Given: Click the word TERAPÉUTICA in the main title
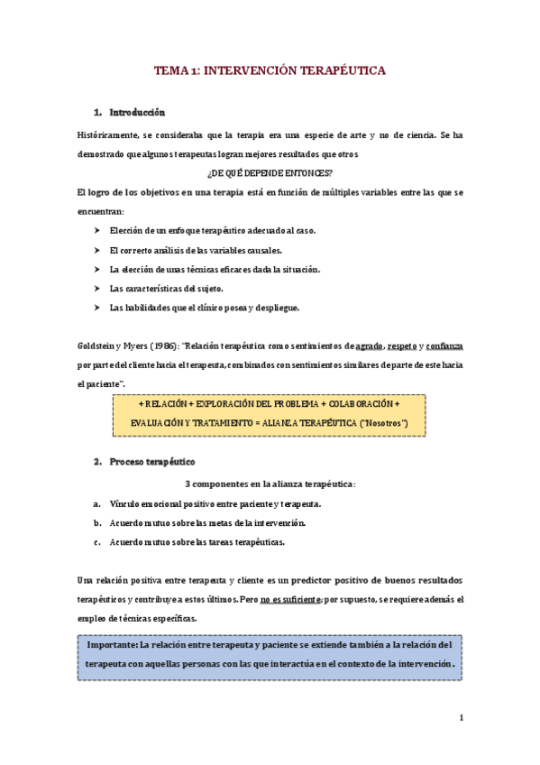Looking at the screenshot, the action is tap(335, 69).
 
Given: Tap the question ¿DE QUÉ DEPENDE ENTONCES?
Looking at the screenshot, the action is tap(270, 172).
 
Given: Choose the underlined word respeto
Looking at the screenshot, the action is tap(401, 346).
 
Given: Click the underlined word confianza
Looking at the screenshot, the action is tap(444, 346).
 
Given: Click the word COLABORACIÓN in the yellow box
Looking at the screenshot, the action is tap(353, 404).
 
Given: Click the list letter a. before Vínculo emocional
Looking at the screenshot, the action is tap(96, 503).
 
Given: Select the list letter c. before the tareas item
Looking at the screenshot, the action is tap(96, 542).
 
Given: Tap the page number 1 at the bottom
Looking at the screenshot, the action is tap(460, 718).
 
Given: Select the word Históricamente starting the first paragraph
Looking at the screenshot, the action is tap(108, 134).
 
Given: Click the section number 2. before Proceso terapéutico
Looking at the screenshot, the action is tap(98, 462).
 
